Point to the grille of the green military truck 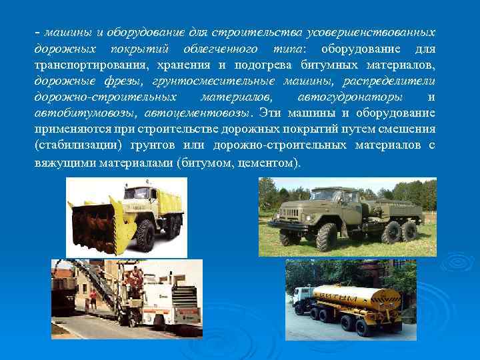tap(293, 213)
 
